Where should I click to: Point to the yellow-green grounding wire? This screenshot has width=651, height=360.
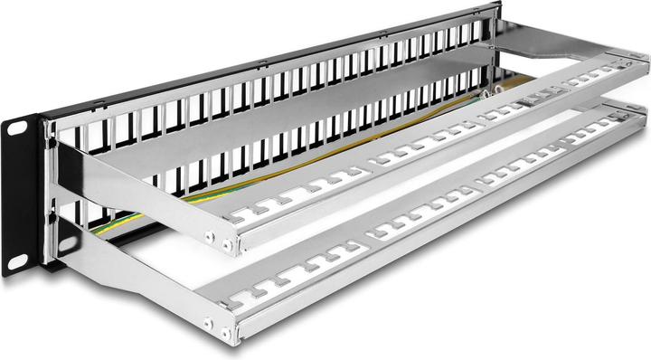tap(271, 172)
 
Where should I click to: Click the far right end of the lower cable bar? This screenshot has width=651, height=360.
tap(638, 123)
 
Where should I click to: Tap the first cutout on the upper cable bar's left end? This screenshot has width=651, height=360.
tap(242, 217)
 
